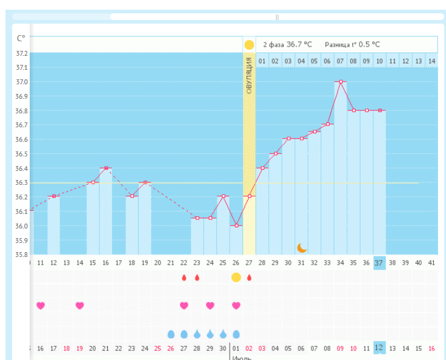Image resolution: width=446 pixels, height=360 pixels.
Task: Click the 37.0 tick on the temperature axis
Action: coord(21,82)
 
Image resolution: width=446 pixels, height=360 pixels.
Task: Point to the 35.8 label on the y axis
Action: coord(21,255)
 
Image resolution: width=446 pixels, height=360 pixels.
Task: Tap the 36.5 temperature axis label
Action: coord(21,154)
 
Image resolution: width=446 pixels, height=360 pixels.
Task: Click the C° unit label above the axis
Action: coord(21,38)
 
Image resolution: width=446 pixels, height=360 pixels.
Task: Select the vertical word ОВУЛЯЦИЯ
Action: coord(249,76)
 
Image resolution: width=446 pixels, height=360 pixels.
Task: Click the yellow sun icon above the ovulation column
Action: coord(249,45)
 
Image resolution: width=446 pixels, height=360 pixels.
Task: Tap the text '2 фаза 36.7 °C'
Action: coord(287,45)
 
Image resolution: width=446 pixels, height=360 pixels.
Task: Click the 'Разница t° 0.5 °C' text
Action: coord(352,45)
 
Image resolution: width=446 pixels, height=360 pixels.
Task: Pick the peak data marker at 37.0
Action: coord(341,82)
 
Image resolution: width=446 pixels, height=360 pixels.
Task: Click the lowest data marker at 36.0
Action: coord(236,225)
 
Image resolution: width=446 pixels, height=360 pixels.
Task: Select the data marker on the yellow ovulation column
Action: coord(249,196)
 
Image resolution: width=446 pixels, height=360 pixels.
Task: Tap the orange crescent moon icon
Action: coord(302,247)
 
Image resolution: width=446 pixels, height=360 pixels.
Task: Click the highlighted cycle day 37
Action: coord(379,262)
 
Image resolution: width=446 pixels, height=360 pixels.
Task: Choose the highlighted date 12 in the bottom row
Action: coord(379,348)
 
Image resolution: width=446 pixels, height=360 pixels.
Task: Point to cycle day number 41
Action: coord(431,262)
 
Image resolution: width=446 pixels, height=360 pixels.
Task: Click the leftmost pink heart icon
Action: coord(41,305)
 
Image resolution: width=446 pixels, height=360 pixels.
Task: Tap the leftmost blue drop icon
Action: coord(171,334)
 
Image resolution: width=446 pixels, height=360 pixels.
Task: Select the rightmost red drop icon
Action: coord(249,278)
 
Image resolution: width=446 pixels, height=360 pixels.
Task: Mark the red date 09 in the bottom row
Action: coord(341,348)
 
